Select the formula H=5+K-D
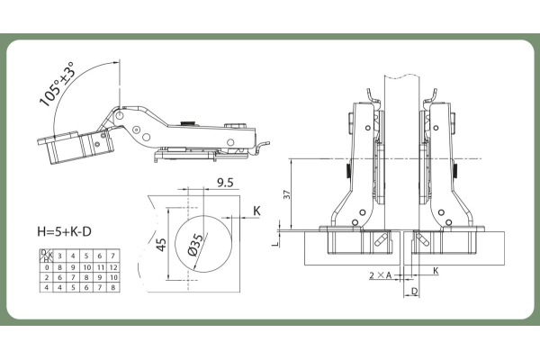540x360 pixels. [x=64, y=232]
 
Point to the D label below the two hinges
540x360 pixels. [x=414, y=292]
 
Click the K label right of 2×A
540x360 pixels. [x=436, y=270]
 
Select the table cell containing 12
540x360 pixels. [x=113, y=267]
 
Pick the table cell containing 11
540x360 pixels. [x=100, y=267]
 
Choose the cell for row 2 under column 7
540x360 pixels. [x=113, y=277]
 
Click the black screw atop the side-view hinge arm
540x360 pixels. [x=186, y=125]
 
